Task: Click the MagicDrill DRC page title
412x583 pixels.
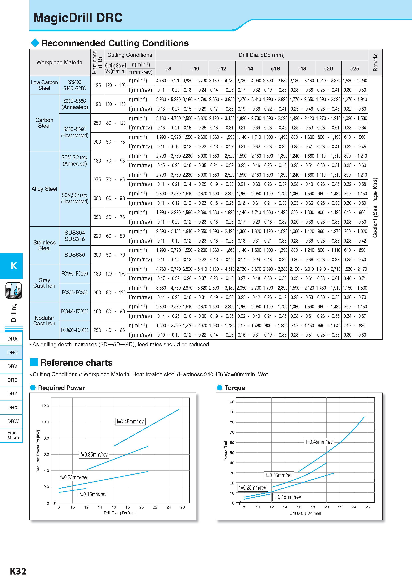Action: [x=78, y=18]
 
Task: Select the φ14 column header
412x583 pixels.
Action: [x=249, y=69]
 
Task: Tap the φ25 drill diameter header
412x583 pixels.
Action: [x=355, y=69]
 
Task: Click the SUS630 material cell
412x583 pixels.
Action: [x=75, y=255]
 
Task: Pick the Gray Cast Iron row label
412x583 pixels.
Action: [x=44, y=283]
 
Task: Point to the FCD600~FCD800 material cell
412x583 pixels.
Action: [x=75, y=330]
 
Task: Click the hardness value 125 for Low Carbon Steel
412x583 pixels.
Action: [x=97, y=85]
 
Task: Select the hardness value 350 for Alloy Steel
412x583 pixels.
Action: [x=97, y=217]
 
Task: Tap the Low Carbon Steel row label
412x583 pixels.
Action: [x=44, y=85]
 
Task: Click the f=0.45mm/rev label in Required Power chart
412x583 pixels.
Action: [x=130, y=421]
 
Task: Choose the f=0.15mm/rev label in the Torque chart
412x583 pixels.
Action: [x=288, y=497]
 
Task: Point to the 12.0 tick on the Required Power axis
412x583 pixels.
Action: [x=45, y=406]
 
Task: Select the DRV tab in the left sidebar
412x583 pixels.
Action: [x=12, y=366]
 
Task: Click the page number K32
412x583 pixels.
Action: [x=18, y=571]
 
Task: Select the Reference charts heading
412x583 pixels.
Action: [x=76, y=363]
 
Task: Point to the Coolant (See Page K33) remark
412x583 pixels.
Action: [x=375, y=208]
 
